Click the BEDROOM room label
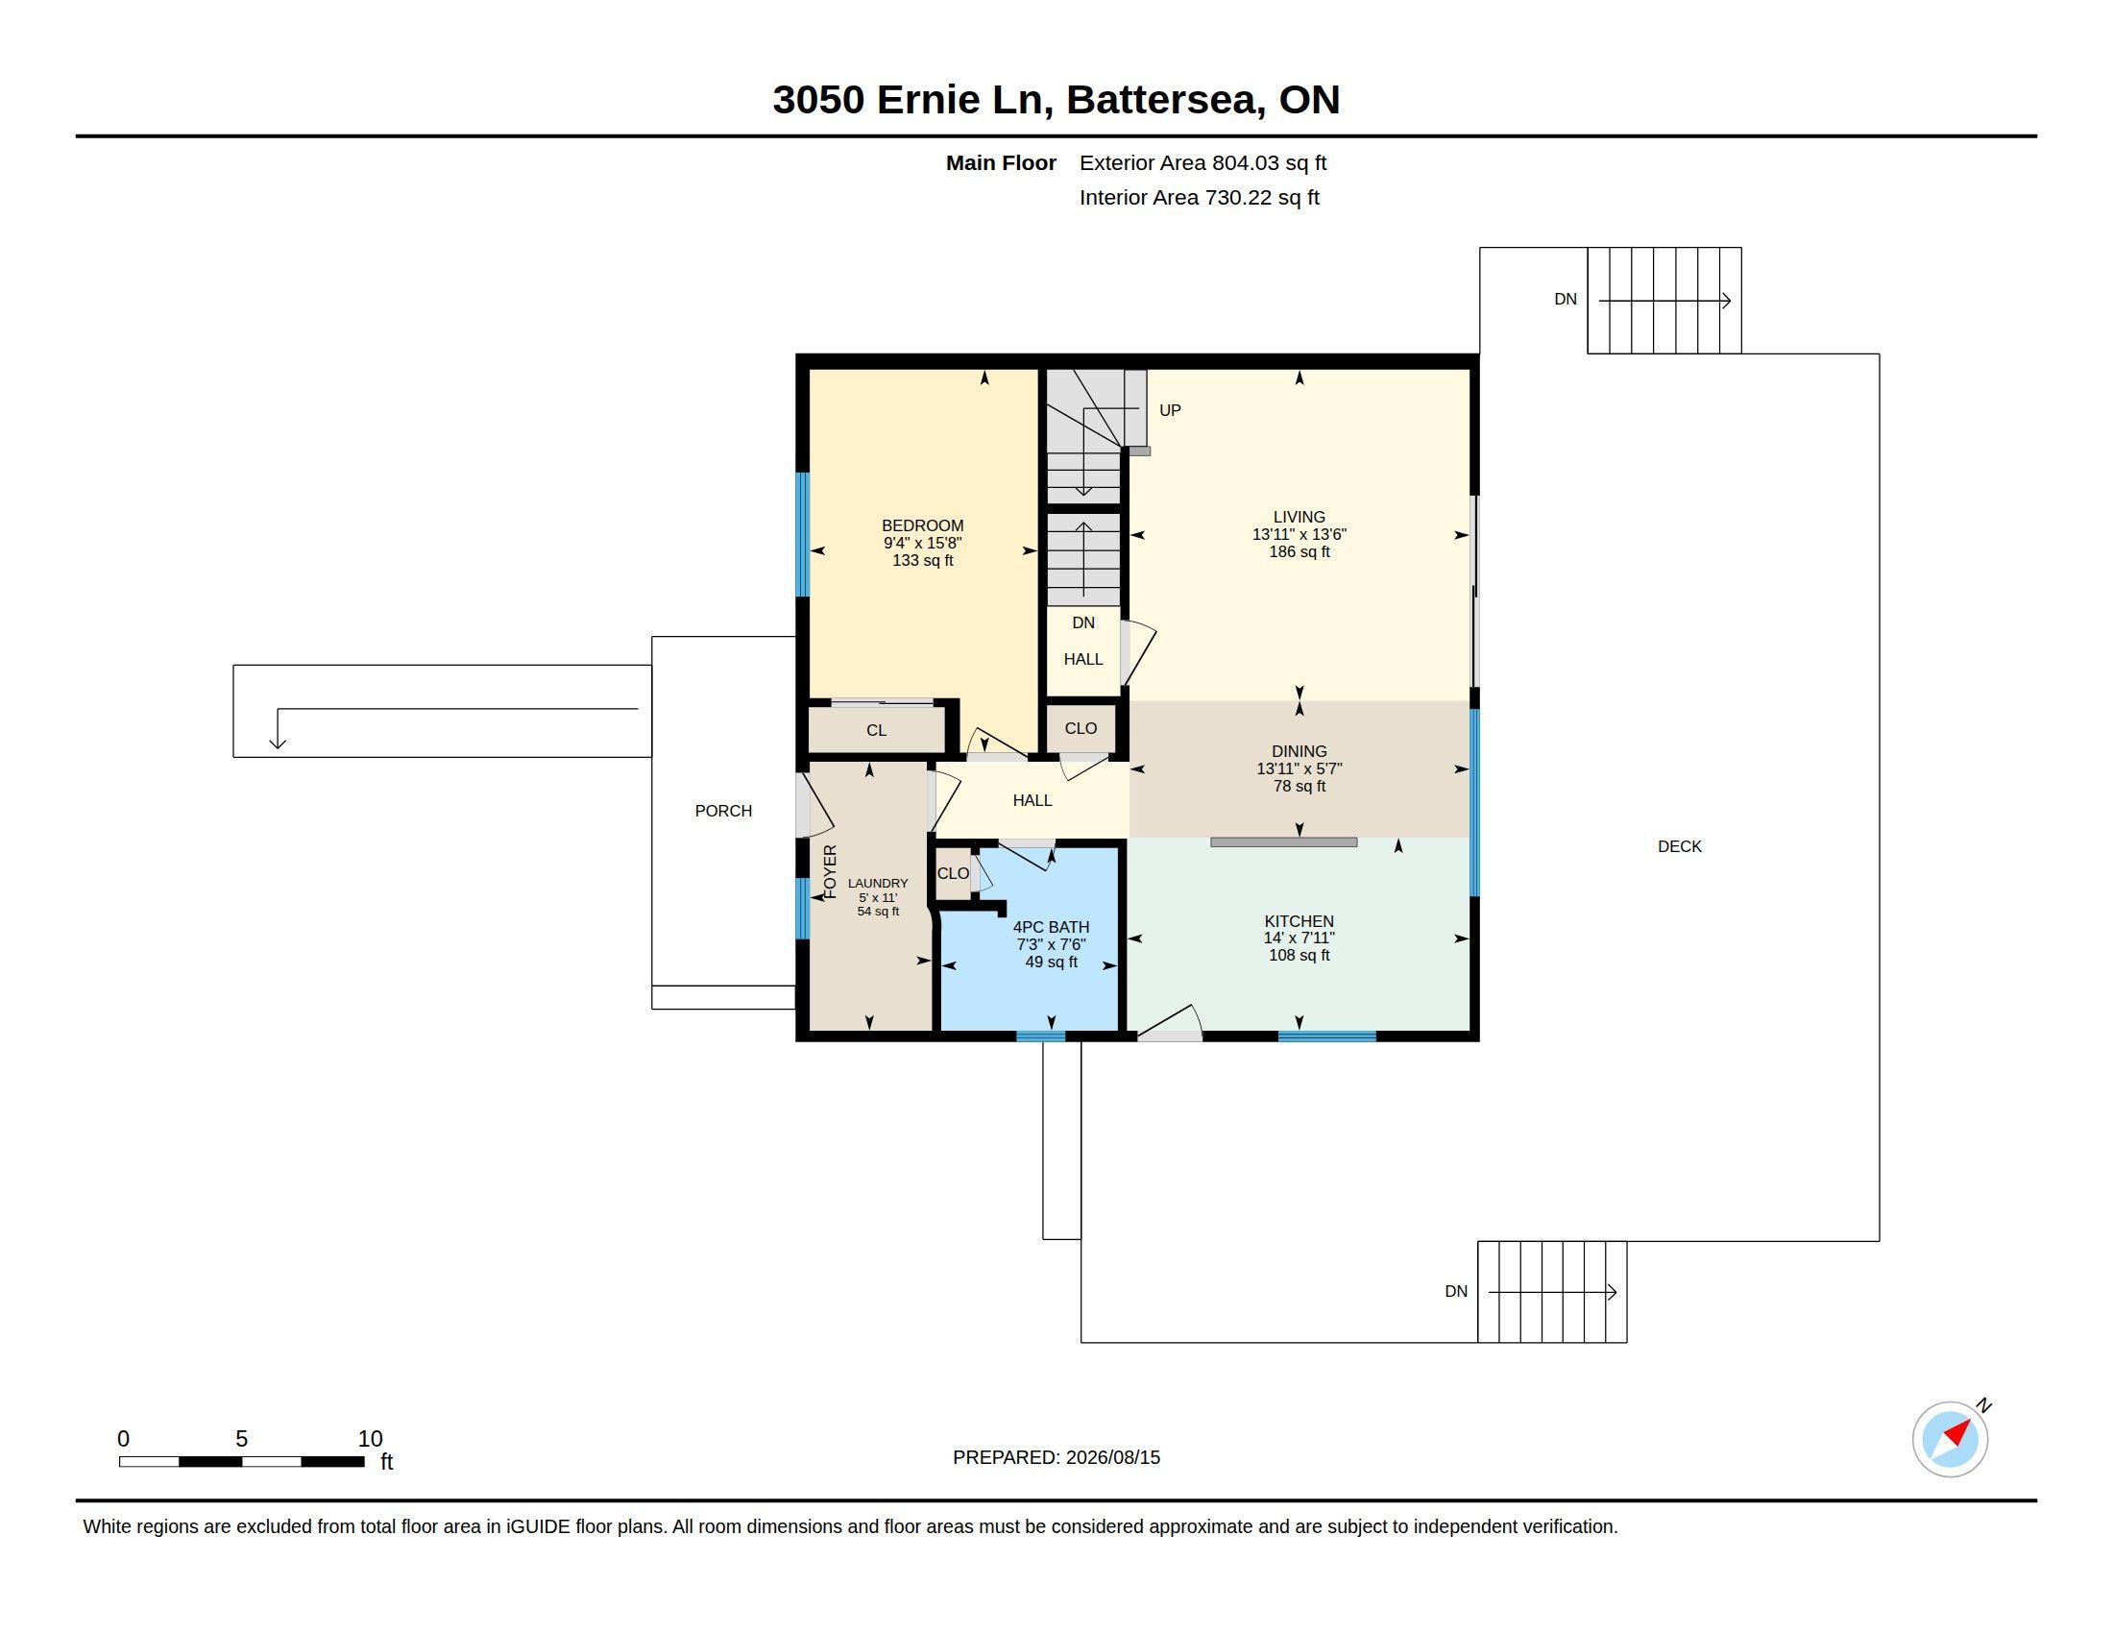click(x=922, y=526)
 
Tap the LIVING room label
click(x=1299, y=518)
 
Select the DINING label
click(x=1299, y=752)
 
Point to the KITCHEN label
click(x=1299, y=922)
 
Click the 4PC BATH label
click(x=1051, y=928)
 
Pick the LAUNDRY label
click(x=878, y=883)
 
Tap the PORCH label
click(x=722, y=811)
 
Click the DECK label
click(x=1679, y=846)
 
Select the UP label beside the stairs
click(x=1170, y=410)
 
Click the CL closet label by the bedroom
click(x=876, y=730)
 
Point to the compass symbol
click(x=1950, y=1439)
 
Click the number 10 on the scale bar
click(x=370, y=1439)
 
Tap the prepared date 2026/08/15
click(x=1112, y=1457)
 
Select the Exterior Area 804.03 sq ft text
click(x=1202, y=163)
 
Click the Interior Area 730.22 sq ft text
click(x=1199, y=197)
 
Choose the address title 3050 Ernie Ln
click(x=912, y=100)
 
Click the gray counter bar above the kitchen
click(x=1283, y=842)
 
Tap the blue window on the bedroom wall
click(x=802, y=534)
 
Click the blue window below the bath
click(x=1041, y=1036)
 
